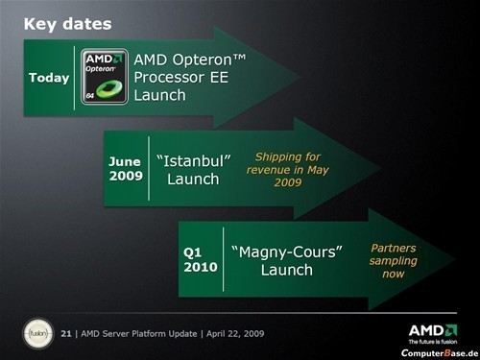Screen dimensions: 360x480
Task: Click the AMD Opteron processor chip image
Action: [105, 77]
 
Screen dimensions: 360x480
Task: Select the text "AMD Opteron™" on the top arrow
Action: [190, 60]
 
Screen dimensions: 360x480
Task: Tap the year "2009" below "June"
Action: [125, 179]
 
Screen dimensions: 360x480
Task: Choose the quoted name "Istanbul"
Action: [193, 160]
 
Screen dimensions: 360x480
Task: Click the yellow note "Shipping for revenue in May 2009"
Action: [288, 170]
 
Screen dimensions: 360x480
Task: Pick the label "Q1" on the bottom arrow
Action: [194, 250]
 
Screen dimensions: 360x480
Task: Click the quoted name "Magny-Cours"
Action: [287, 251]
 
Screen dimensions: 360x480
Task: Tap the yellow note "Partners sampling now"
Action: [393, 260]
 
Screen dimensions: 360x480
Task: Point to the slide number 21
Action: [65, 333]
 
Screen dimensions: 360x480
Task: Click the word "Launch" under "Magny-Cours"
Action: [287, 270]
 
